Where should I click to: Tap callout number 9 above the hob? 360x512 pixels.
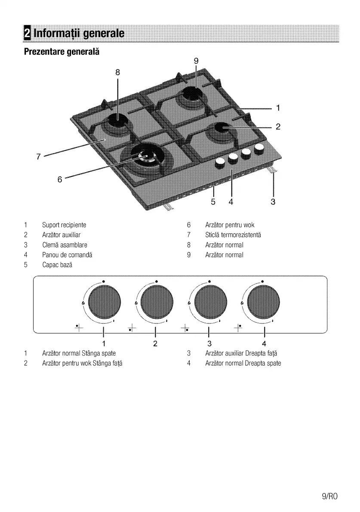click(x=196, y=61)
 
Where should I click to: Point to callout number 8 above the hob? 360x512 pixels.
click(x=117, y=72)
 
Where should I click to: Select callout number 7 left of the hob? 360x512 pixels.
click(x=38, y=157)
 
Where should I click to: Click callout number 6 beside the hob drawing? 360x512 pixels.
click(x=60, y=179)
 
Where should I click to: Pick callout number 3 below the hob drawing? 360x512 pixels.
click(x=273, y=201)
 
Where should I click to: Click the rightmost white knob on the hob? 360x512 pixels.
click(x=259, y=149)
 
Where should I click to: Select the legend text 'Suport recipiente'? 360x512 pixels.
click(x=64, y=225)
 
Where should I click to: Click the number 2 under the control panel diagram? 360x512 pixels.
click(x=155, y=343)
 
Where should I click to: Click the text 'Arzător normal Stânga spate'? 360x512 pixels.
click(x=79, y=353)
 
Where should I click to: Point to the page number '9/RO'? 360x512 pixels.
click(x=330, y=496)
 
